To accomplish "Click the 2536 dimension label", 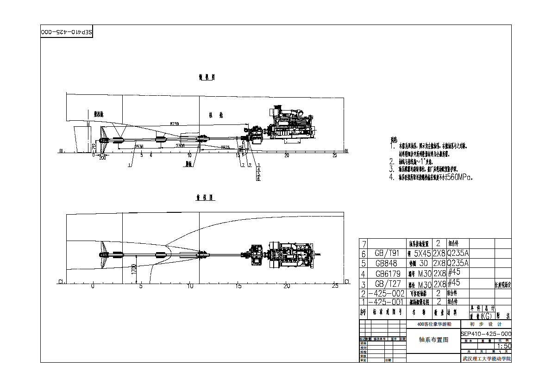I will pyautogui.click(x=138, y=146).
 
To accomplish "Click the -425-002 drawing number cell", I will pyautogui.click(x=386, y=293).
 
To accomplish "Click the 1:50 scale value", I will pyautogui.click(x=504, y=346).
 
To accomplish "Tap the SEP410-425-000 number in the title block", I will pyautogui.click(x=486, y=334).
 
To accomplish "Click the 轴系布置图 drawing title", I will pyautogui.click(x=433, y=340).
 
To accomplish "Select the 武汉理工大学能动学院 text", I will pyautogui.click(x=486, y=359).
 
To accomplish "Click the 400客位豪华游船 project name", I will pyautogui.click(x=433, y=324).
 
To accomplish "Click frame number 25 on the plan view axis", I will pyautogui.click(x=336, y=286).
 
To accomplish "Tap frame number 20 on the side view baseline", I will pyautogui.click(x=287, y=155).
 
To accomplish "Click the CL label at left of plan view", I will pyautogui.click(x=61, y=281).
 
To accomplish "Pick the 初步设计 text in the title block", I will pyautogui.click(x=486, y=324).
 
